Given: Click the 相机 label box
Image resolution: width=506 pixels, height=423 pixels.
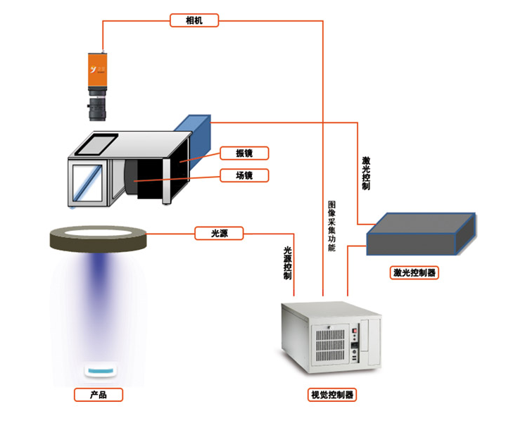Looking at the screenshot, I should click(194, 20).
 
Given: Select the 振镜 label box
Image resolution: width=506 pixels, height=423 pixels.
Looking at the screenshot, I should click(244, 153).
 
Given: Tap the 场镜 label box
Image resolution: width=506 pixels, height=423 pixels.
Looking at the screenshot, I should click(244, 175).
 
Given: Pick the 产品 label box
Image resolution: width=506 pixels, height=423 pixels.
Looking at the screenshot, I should click(99, 394).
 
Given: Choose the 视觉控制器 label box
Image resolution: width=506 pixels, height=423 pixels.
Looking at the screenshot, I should click(332, 394).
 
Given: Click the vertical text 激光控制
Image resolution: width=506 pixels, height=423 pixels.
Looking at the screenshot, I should click(365, 173).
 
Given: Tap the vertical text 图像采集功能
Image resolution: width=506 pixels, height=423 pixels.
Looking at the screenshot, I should click(331, 226).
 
